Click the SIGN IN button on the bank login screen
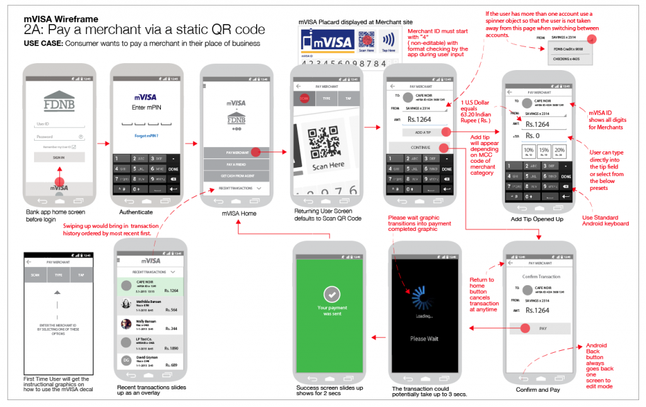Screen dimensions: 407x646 pyautogui.click(x=59, y=157)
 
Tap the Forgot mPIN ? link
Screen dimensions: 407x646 pyautogui.click(x=146, y=136)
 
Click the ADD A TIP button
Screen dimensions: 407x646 pyautogui.click(x=423, y=132)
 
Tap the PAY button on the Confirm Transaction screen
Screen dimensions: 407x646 pyautogui.click(x=543, y=329)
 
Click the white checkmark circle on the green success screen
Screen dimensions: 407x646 pyautogui.click(x=332, y=294)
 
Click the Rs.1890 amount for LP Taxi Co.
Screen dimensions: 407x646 pyautogui.click(x=170, y=348)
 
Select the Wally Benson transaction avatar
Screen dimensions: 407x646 pyautogui.click(x=126, y=324)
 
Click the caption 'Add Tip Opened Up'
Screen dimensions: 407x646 pyautogui.click(x=537, y=218)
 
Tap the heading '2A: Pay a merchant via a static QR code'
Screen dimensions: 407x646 pyautogui.click(x=144, y=30)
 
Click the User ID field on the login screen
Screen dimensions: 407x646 pyautogui.click(x=59, y=124)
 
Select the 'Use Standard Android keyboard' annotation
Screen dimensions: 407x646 pyautogui.click(x=604, y=220)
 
